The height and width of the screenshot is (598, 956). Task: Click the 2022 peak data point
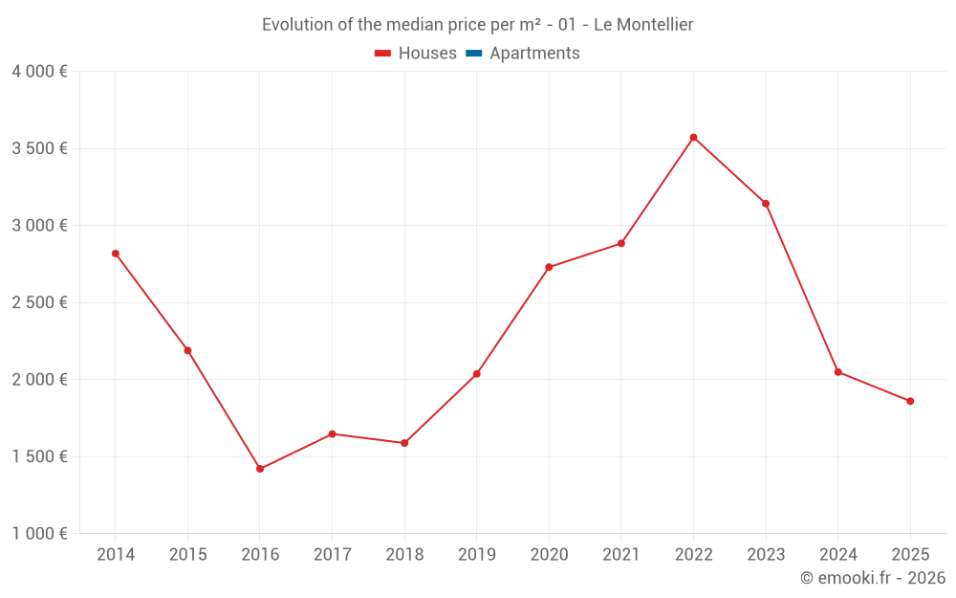(693, 138)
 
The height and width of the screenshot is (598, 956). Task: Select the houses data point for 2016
(260, 469)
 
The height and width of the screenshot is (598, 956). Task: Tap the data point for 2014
(116, 254)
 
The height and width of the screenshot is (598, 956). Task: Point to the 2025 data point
(910, 401)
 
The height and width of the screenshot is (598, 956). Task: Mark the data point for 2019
(477, 374)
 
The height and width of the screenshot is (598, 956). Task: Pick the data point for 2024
(838, 372)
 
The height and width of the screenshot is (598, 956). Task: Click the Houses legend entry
(416, 54)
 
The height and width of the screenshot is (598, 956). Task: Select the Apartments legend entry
(523, 54)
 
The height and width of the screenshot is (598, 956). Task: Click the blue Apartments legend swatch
(473, 54)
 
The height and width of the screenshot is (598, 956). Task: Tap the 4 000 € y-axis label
(39, 72)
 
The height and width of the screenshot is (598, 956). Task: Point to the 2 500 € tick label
(39, 302)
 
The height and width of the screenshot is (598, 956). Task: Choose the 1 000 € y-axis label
(39, 534)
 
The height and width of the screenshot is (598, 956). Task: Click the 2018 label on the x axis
(404, 555)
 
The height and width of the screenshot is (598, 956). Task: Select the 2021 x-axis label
(621, 555)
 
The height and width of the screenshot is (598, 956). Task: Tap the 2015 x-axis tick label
(187, 555)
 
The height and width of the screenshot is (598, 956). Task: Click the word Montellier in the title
(655, 25)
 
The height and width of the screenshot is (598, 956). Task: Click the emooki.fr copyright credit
(873, 578)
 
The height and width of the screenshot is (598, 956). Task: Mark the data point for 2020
(549, 267)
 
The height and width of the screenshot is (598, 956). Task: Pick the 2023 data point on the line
(766, 203)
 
